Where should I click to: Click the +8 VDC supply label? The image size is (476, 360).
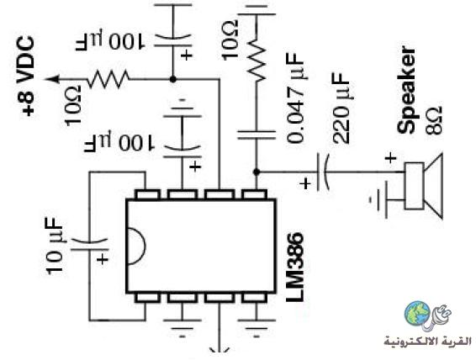click(x=25, y=76)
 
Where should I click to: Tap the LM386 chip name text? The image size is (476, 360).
click(x=295, y=267)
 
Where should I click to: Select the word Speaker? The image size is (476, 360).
click(x=406, y=90)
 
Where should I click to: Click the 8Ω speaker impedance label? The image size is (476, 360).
click(x=433, y=120)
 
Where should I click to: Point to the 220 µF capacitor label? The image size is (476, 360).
click(x=341, y=108)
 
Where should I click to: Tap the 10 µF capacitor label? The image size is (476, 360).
click(x=56, y=246)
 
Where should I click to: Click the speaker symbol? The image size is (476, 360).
click(x=423, y=186)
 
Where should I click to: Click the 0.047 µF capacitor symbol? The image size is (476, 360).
click(x=257, y=135)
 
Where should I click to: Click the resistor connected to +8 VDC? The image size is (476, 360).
click(x=108, y=79)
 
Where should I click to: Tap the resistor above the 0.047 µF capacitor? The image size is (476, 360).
click(x=257, y=61)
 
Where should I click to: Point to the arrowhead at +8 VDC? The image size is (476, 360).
click(x=51, y=79)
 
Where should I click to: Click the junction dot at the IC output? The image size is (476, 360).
click(x=257, y=172)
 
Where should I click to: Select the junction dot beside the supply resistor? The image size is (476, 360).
click(x=172, y=79)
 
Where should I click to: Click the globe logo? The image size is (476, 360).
click(x=417, y=314)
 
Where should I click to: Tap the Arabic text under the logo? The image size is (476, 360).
click(x=428, y=341)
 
